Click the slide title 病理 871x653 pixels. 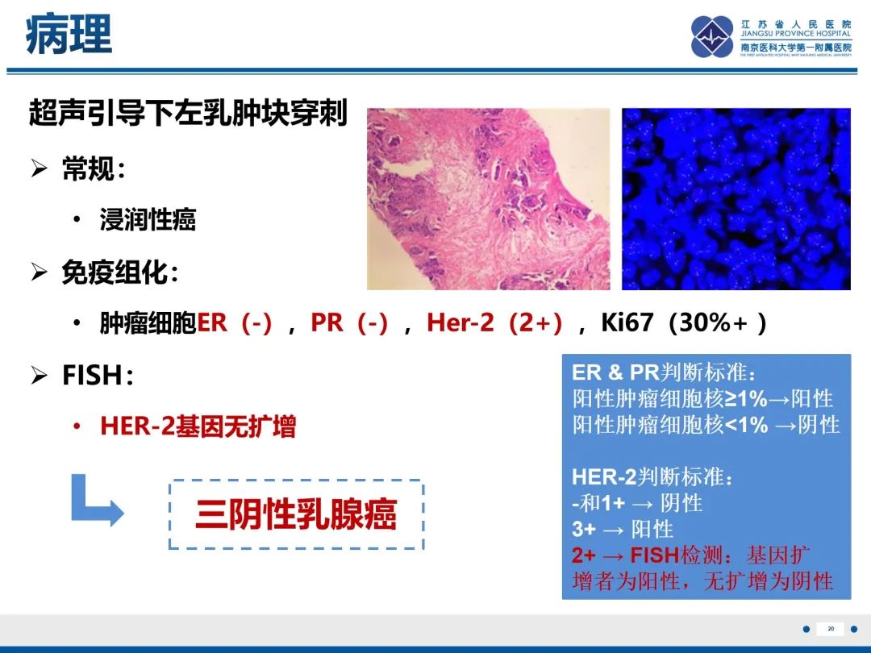[x=69, y=36]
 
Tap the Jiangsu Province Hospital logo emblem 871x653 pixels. [x=712, y=37]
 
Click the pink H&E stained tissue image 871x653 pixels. [x=488, y=199]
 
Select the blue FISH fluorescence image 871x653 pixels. [x=736, y=199]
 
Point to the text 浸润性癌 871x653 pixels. [x=148, y=220]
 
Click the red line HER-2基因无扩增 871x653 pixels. [x=198, y=426]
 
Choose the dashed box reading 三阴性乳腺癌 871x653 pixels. [x=296, y=514]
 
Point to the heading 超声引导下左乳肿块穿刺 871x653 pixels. [x=188, y=114]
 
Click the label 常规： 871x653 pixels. [x=94, y=169]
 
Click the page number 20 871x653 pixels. [x=831, y=629]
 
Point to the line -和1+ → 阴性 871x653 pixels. [x=637, y=503]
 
